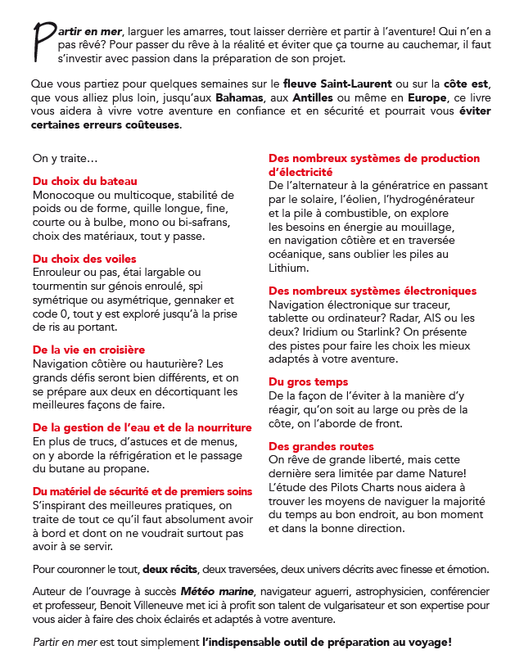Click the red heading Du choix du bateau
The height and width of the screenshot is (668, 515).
[84, 181]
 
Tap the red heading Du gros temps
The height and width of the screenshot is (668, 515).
[309, 382]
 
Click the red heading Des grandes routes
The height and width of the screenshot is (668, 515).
[321, 446]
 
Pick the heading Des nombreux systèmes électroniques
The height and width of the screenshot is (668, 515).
[373, 291]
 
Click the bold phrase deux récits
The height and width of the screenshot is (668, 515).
[172, 569]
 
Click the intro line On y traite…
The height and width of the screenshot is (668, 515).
[65, 157]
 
